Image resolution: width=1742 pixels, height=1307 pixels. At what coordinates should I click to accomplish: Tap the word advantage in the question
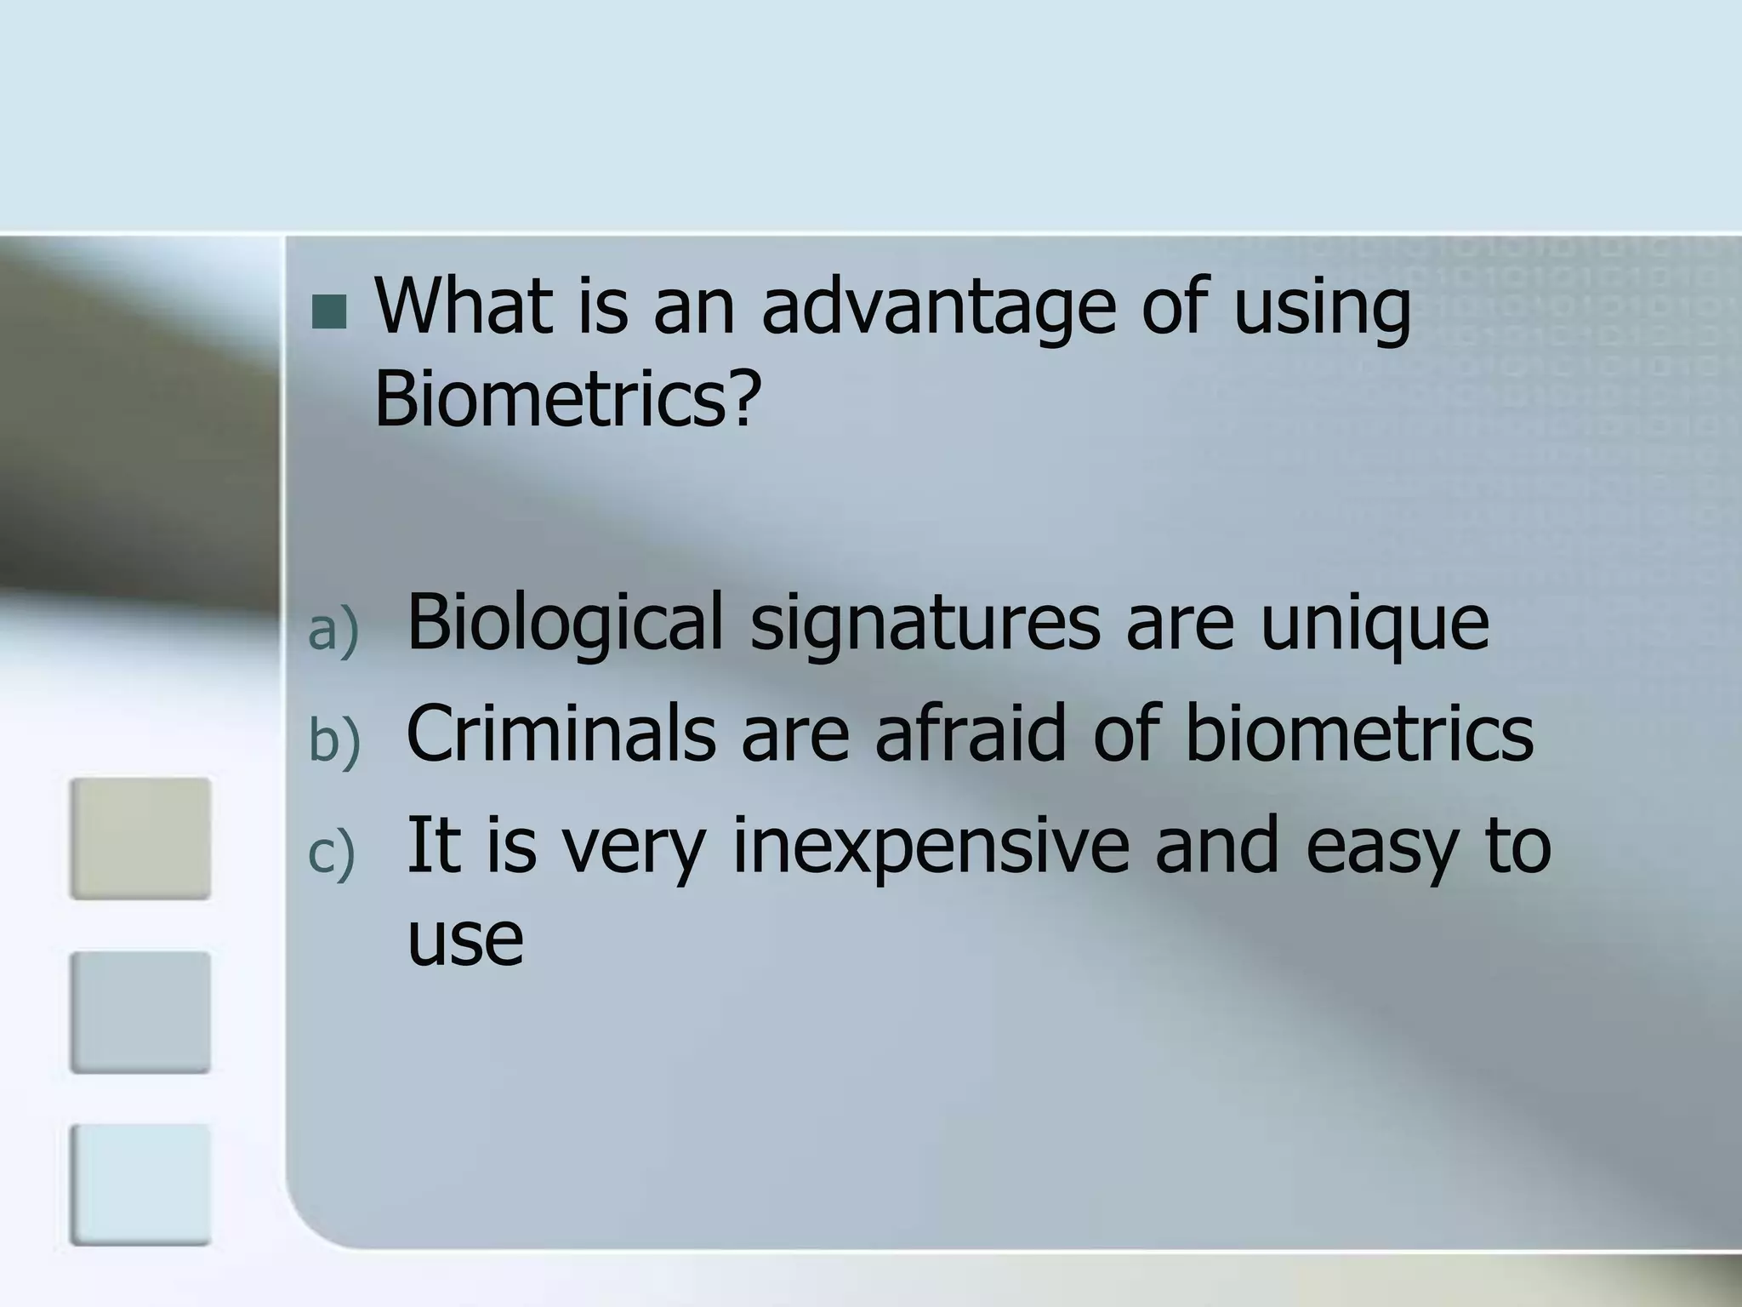[937, 310]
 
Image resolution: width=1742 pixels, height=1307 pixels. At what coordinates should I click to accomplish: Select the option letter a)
[333, 631]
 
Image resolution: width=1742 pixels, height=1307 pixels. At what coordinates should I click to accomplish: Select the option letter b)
[334, 740]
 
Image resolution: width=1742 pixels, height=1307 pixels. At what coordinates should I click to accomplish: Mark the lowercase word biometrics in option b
[1358, 733]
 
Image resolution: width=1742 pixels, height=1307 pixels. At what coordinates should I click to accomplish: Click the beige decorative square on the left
[140, 838]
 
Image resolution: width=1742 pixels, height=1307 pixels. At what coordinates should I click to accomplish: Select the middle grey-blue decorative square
[140, 1012]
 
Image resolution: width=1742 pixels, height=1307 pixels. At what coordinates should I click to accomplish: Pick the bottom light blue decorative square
[140, 1184]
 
